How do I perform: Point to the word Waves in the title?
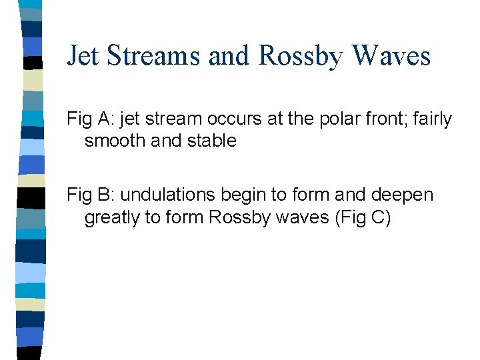coord(393,56)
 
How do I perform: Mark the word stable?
coord(215,141)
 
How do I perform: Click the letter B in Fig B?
coord(101,195)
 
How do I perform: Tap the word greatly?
coord(110,217)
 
